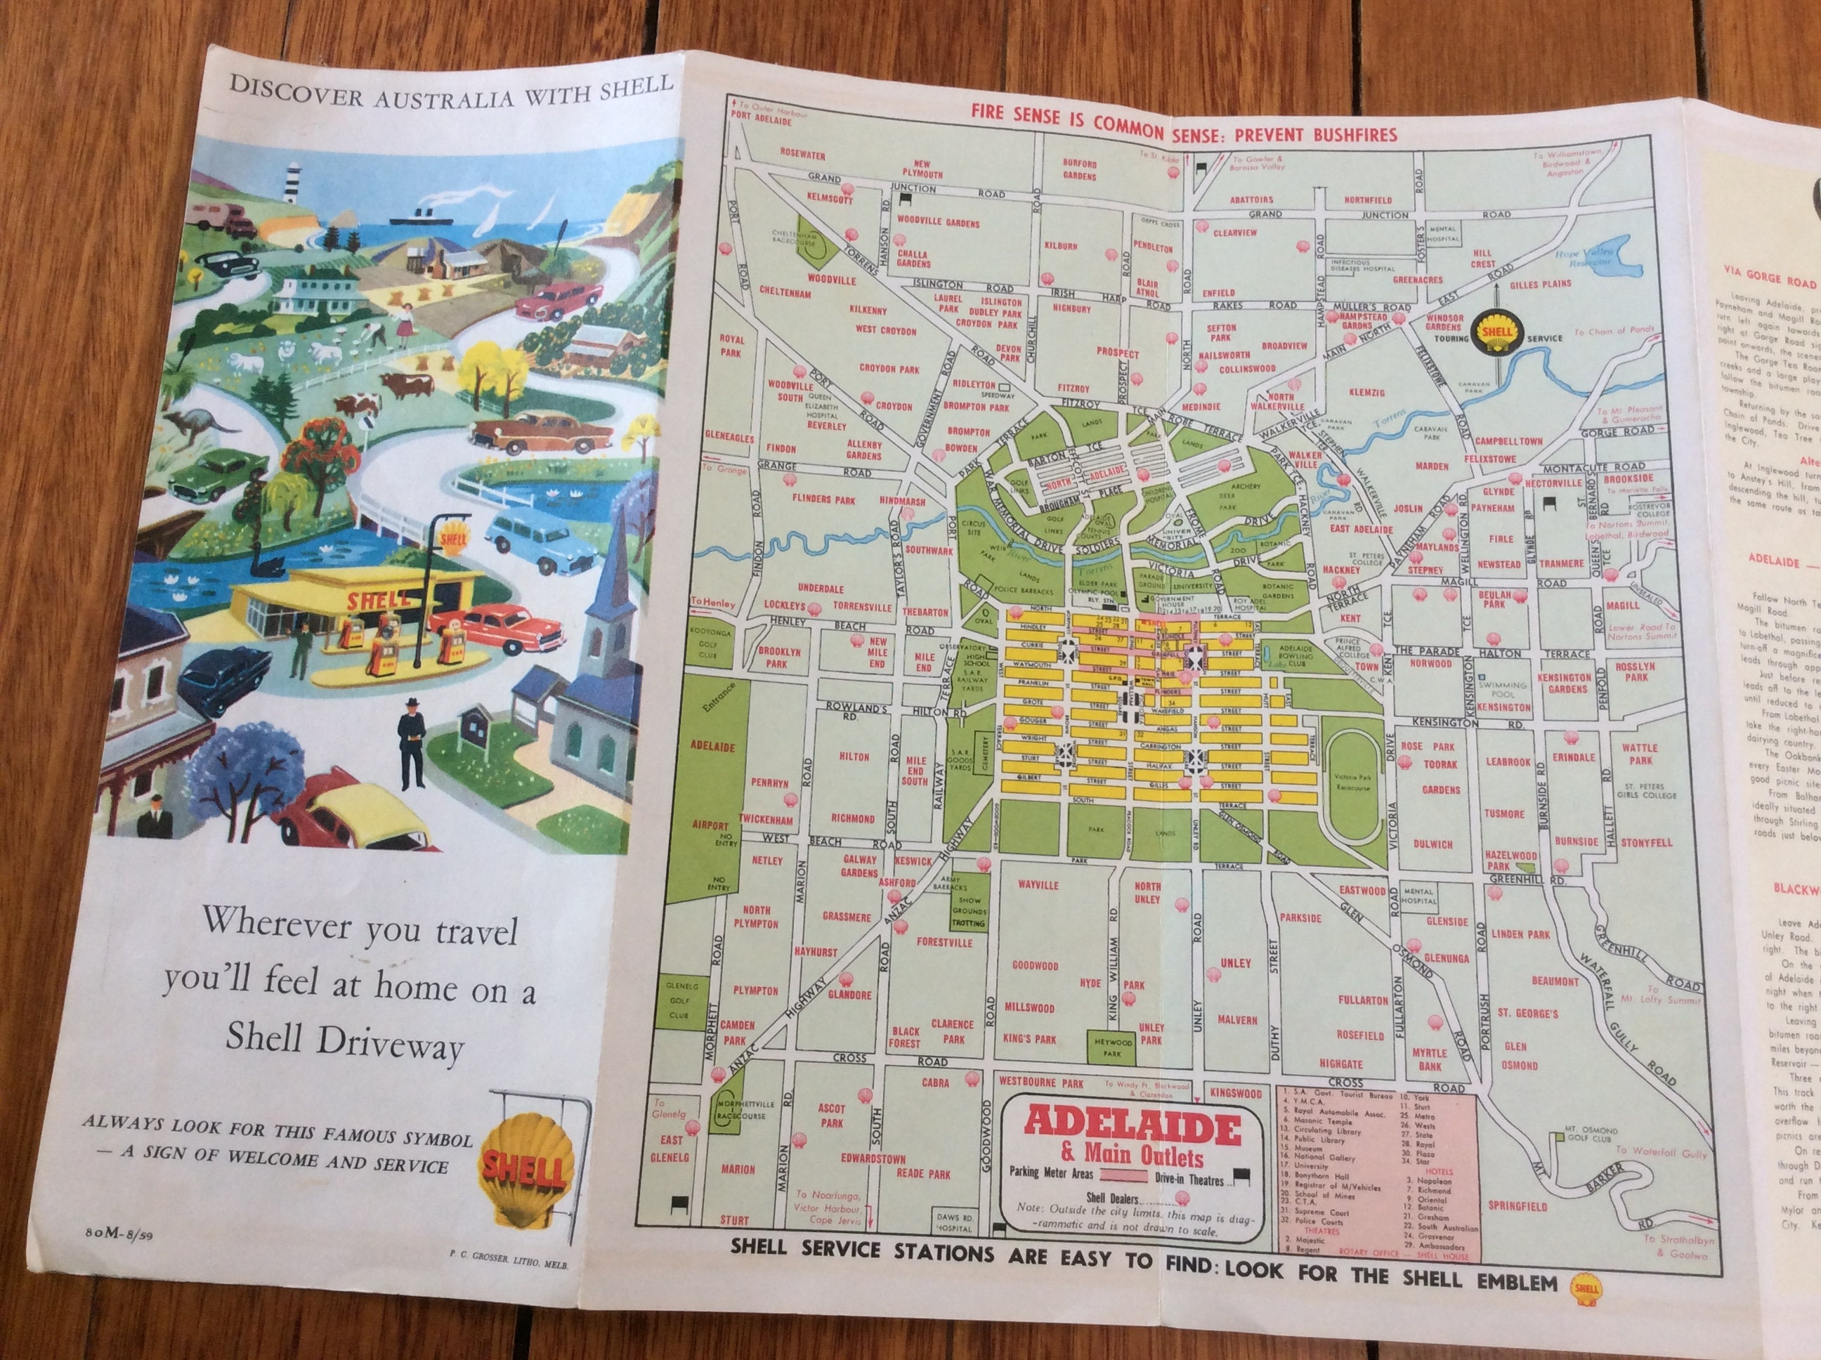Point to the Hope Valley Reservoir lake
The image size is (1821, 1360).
point(1585,251)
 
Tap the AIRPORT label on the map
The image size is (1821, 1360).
point(710,824)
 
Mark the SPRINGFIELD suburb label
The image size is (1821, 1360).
point(1517,1206)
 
